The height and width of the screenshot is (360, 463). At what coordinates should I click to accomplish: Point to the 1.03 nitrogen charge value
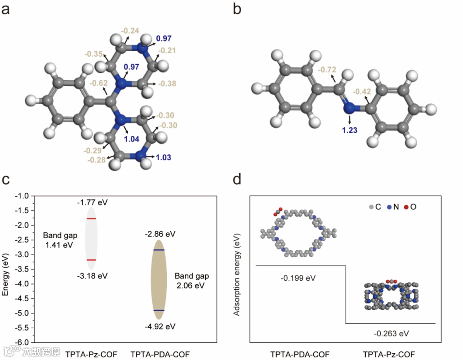click(x=163, y=158)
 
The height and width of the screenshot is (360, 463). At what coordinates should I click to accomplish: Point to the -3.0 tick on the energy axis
click(x=27, y=255)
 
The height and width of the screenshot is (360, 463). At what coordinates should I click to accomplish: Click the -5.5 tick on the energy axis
click(x=27, y=328)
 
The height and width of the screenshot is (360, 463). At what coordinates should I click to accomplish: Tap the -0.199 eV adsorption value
click(x=298, y=278)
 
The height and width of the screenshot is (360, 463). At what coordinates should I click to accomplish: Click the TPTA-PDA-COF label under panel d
click(x=300, y=354)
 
